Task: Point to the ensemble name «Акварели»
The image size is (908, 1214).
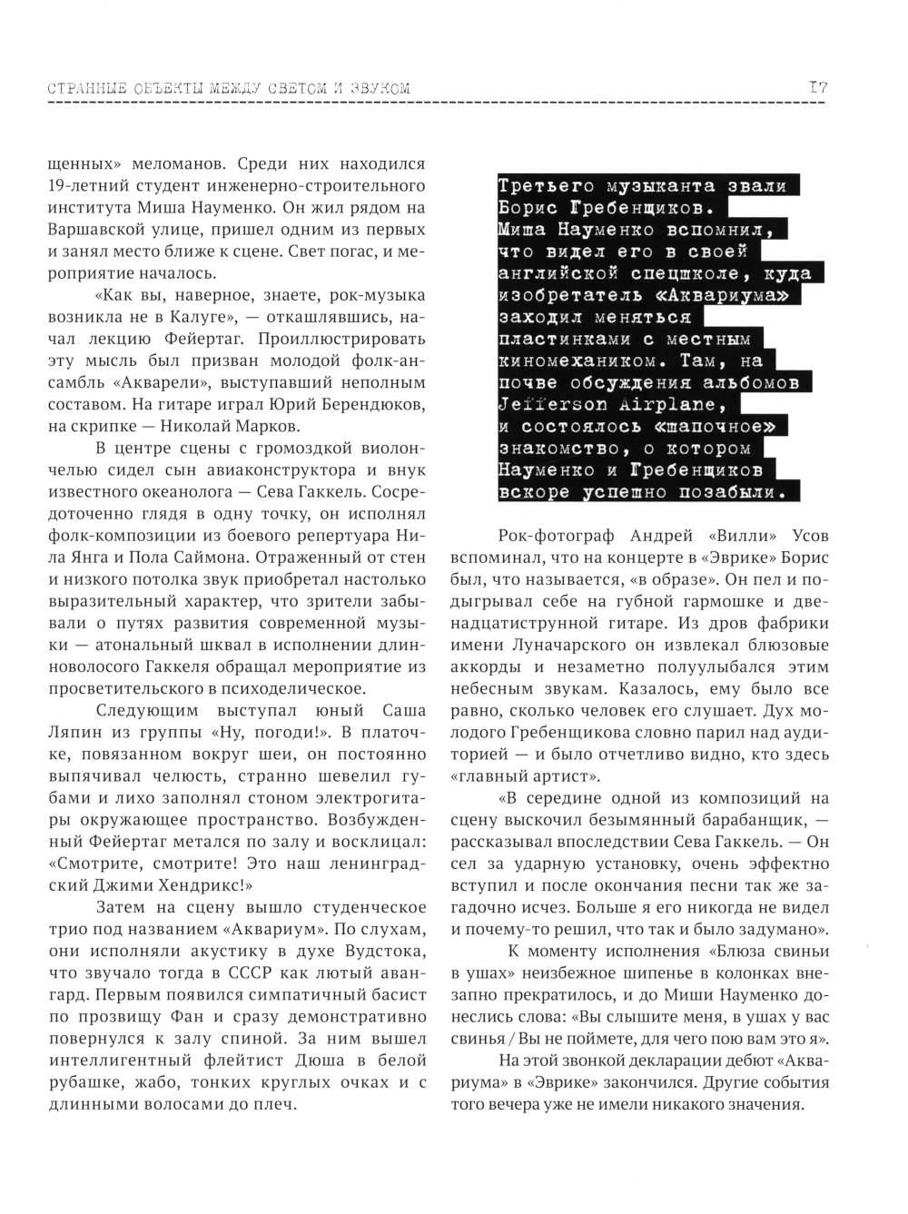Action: [x=191, y=382]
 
